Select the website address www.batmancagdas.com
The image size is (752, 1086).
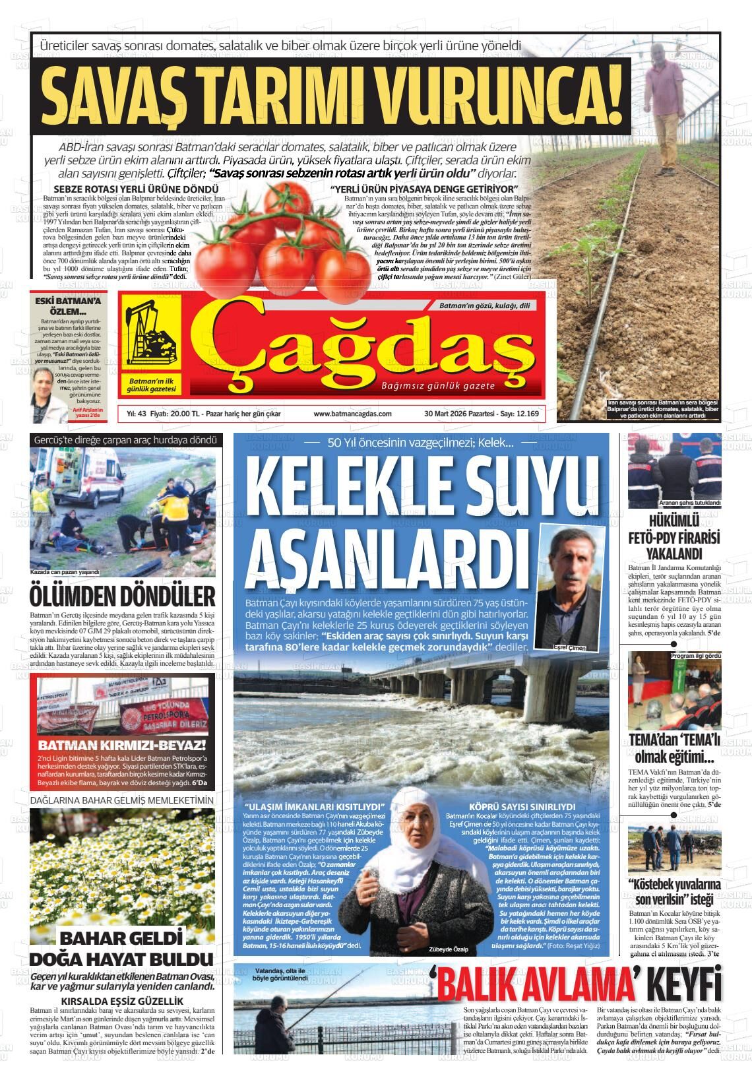click(353, 414)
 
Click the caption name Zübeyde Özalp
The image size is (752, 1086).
click(448, 949)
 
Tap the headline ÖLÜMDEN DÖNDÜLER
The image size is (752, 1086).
click(123, 596)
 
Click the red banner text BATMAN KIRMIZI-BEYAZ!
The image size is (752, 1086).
click(123, 746)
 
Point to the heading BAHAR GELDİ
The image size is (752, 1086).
click(121, 938)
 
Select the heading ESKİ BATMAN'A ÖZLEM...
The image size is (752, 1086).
click(69, 306)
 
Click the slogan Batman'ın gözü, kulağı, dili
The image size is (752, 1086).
click(484, 305)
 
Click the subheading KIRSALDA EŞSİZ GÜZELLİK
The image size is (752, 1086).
click(122, 1000)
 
